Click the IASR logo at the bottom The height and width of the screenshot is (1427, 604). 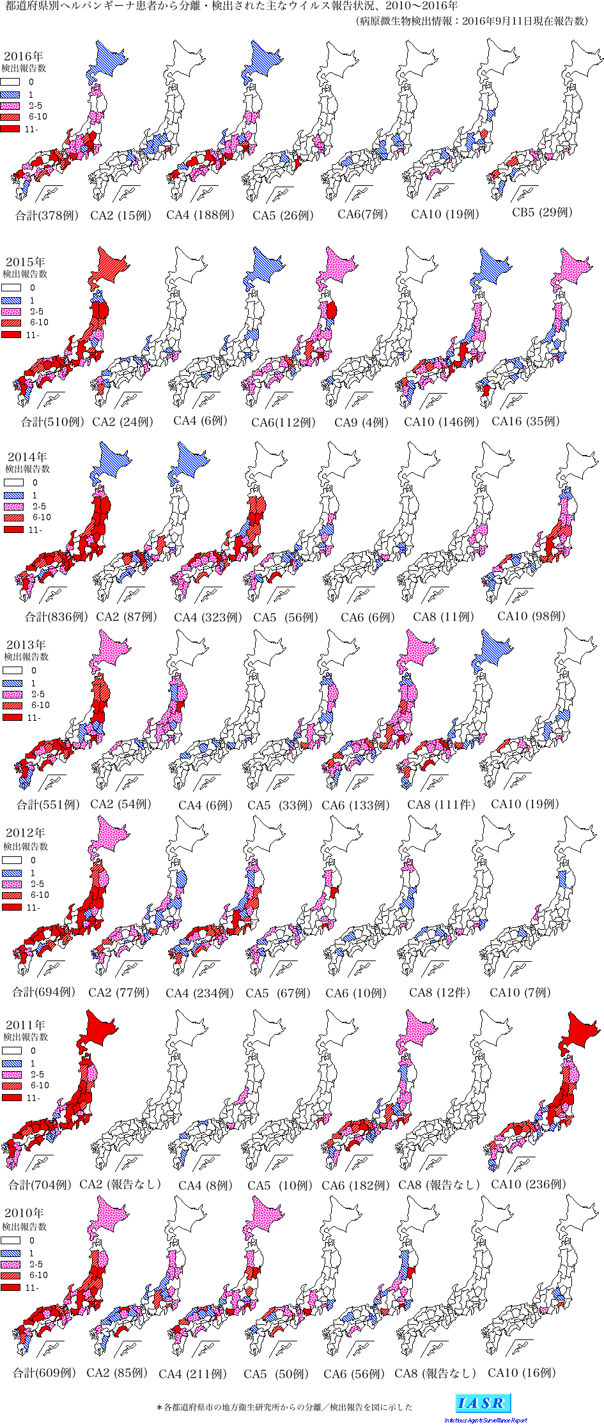pyautogui.click(x=483, y=1403)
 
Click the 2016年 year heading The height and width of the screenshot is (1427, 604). pyautogui.click(x=23, y=57)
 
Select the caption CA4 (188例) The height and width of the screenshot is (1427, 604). pyautogui.click(x=200, y=215)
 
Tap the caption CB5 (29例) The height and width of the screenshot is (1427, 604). pyautogui.click(x=542, y=212)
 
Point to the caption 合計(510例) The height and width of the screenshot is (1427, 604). pyautogui.click(x=52, y=422)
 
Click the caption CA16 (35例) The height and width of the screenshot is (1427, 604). pyautogui.click(x=525, y=421)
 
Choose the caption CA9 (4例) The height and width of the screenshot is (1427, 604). pyautogui.click(x=362, y=422)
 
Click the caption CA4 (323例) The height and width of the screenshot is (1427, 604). pyautogui.click(x=208, y=617)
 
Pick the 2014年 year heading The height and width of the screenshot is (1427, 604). pyautogui.click(x=27, y=457)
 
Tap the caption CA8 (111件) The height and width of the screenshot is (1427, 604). pyautogui.click(x=441, y=805)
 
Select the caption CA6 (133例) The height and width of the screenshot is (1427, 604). pyautogui.click(x=355, y=805)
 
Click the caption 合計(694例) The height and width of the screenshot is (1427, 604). pyautogui.click(x=43, y=992)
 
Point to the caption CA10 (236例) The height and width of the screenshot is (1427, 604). pyautogui.click(x=528, y=1184)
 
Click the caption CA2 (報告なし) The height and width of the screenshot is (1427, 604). pyautogui.click(x=120, y=1184)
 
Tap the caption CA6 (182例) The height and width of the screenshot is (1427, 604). pyautogui.click(x=355, y=1185)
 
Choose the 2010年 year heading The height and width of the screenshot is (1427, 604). pyautogui.click(x=24, y=1212)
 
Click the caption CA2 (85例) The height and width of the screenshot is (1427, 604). pyautogui.click(x=117, y=1373)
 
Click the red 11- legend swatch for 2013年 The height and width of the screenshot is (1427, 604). pyautogui.click(x=12, y=718)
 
